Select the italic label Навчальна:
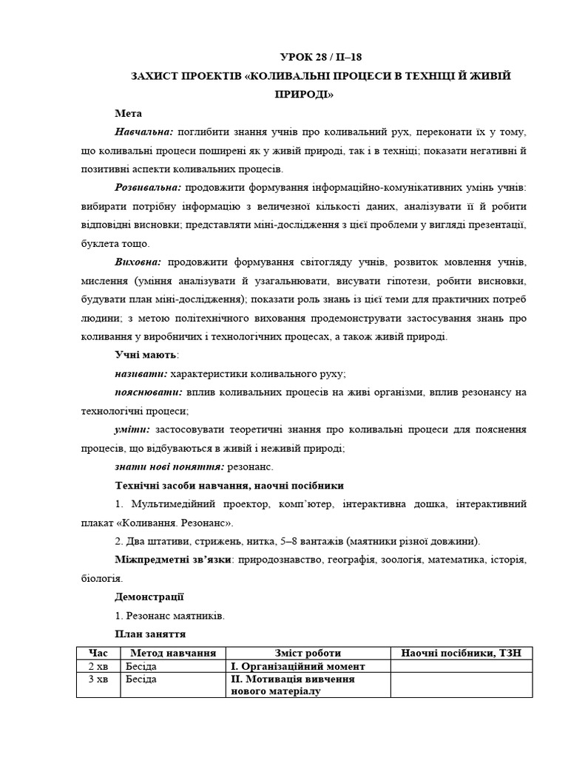coord(144,132)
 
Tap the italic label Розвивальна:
coord(149,188)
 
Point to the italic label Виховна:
coord(138,262)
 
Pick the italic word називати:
coord(141,374)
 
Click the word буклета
coord(99,243)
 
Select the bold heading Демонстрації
coord(149,597)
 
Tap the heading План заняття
coord(150,634)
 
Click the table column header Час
coord(98,653)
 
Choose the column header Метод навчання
coord(172,653)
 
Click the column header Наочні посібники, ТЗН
coord(461,653)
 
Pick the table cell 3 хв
coord(98,679)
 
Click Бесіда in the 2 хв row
coord(141,666)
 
